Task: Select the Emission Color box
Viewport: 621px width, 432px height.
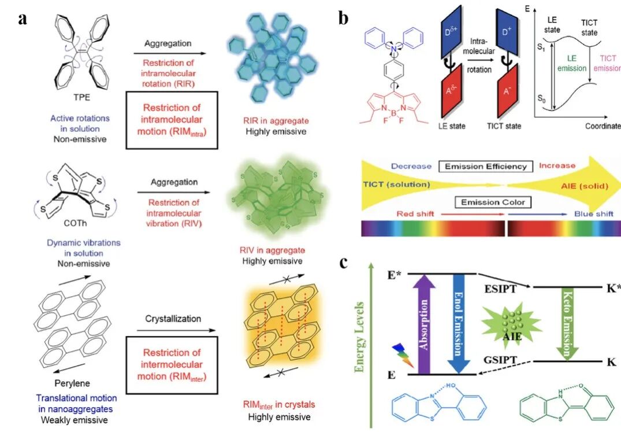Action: tap(485, 202)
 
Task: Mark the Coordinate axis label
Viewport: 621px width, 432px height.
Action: tap(602, 127)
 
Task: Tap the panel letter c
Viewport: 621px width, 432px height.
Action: tap(344, 263)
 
